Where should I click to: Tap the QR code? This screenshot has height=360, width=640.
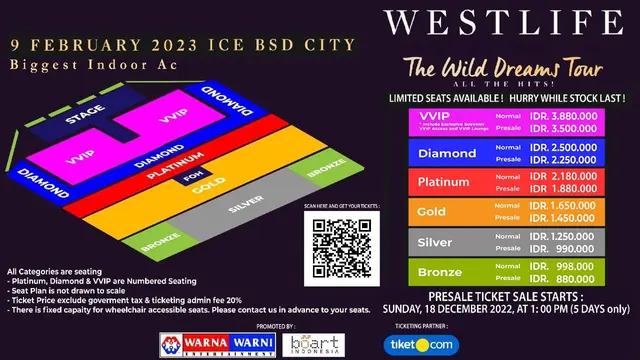[341, 243]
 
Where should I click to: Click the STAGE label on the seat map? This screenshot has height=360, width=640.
[85, 119]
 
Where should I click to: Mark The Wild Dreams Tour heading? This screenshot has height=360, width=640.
[502, 70]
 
